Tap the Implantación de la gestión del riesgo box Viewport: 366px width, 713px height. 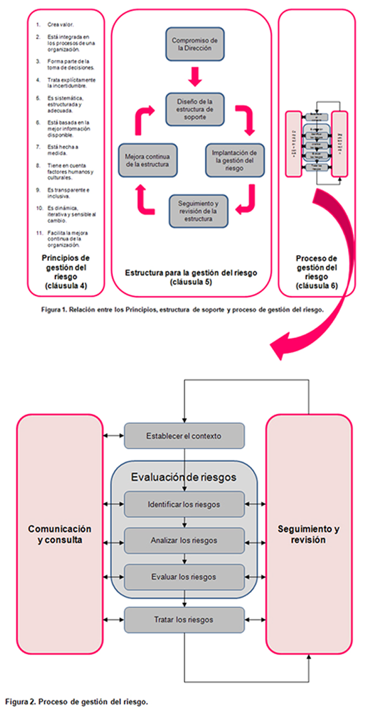tap(234, 157)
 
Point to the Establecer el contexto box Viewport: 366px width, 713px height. tap(184, 436)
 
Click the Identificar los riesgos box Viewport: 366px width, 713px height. tap(184, 504)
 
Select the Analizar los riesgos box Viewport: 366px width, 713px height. tap(184, 540)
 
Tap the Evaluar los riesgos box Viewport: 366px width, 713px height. tap(184, 577)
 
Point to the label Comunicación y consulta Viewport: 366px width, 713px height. tap(61, 534)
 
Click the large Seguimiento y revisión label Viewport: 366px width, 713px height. tap(309, 534)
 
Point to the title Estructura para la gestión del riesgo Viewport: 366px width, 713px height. tap(191, 277)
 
